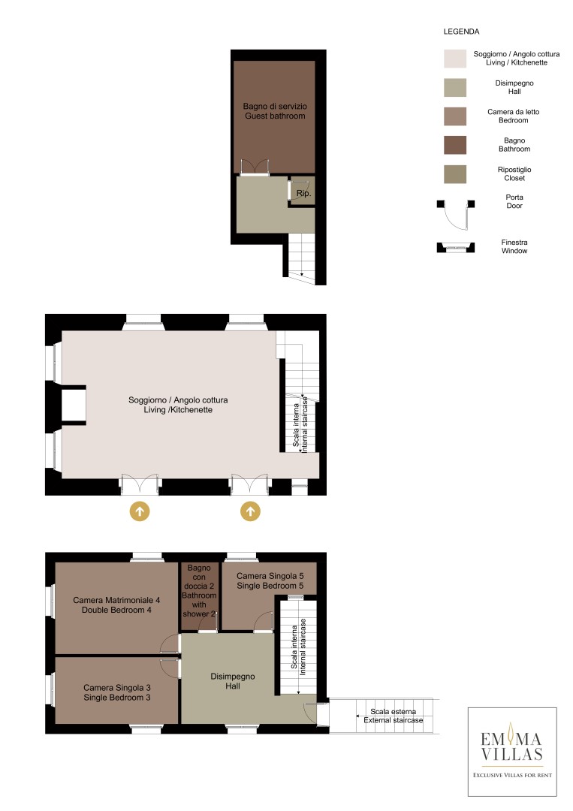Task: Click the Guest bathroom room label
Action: pos(275,116)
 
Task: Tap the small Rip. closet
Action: pos(303,191)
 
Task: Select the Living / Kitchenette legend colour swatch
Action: pos(455,59)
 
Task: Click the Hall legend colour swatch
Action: pos(455,87)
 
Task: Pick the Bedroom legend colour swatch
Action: pos(455,116)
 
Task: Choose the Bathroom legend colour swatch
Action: pos(455,146)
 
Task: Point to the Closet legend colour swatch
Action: pos(455,174)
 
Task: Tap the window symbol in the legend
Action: pos(456,247)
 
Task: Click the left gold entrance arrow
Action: pos(140,511)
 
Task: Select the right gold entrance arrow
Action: pos(250,511)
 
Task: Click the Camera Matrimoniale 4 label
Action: pos(116,600)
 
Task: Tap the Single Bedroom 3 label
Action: pos(117,697)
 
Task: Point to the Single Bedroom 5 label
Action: pos(270,586)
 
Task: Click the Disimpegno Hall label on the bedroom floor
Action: pos(233,681)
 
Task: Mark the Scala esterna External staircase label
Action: pos(393,716)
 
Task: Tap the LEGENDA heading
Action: pos(461,32)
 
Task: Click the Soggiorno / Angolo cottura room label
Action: pos(178,399)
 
